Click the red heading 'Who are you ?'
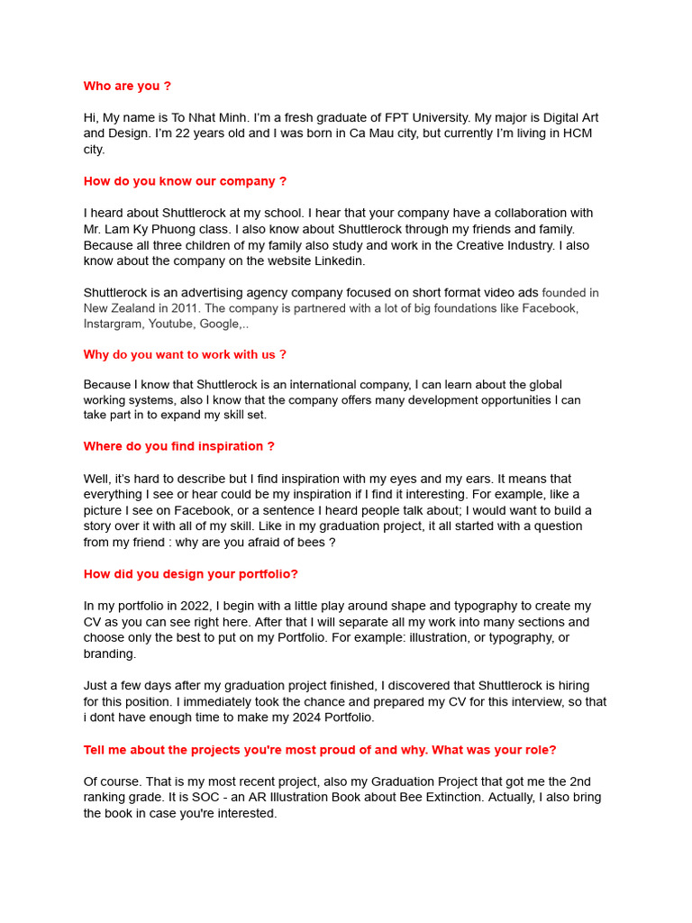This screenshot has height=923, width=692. (x=127, y=87)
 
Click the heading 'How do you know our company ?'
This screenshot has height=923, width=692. (x=185, y=181)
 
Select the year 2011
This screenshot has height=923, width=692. (x=185, y=308)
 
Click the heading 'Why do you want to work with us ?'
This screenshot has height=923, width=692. (x=185, y=355)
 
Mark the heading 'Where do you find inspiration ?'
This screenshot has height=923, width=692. (x=178, y=446)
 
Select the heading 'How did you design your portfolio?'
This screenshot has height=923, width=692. (x=190, y=574)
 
